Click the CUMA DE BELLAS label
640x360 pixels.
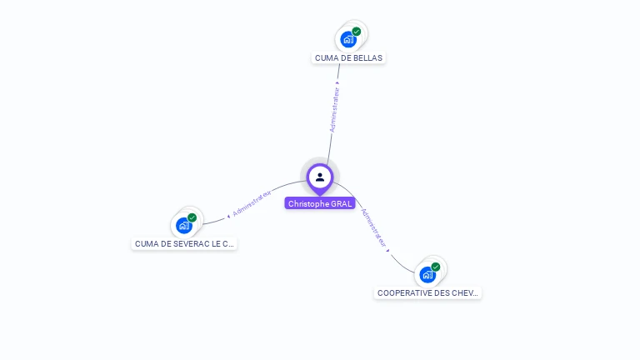point(349,58)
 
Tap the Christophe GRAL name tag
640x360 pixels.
point(320,203)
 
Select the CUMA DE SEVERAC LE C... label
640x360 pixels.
point(184,244)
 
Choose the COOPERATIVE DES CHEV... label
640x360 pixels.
point(427,293)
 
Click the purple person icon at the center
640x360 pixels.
point(320,177)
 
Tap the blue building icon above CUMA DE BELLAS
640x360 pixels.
point(348,39)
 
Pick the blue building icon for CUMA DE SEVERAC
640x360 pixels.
point(184,225)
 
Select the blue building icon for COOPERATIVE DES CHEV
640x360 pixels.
point(427,274)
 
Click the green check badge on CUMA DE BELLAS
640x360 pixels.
point(357,32)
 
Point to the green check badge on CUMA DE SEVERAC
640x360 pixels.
point(192,217)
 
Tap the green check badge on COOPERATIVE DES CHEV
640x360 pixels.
point(436,267)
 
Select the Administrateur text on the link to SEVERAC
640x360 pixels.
point(253,203)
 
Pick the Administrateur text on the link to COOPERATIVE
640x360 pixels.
point(373,227)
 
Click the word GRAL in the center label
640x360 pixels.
point(342,203)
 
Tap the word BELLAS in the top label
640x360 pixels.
point(369,58)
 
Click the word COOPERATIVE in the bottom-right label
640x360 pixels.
point(406,293)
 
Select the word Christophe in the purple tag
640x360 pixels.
point(308,203)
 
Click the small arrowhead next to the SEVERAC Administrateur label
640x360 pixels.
point(228,216)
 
